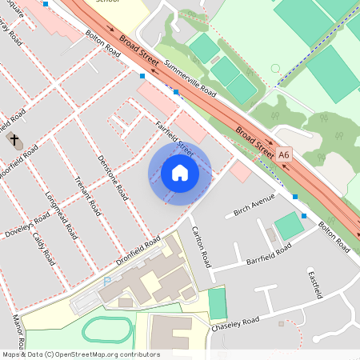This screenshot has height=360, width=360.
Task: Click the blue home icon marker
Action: pos(180,172)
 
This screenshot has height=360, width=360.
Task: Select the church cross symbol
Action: pos(14,141)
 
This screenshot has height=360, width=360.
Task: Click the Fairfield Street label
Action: pos(175,137)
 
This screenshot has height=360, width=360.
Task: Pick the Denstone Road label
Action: pos(113,176)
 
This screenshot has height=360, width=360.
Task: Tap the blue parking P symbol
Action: pos(107,282)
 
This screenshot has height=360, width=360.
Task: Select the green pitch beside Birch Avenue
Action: pos(289,226)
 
